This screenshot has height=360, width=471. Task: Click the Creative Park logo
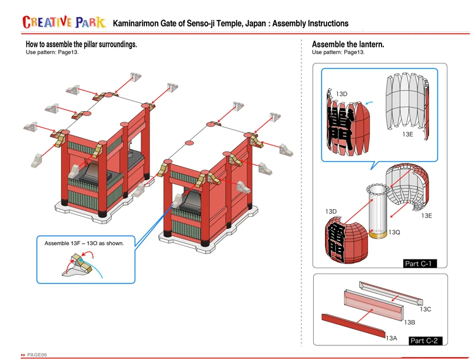pyautogui.click(x=64, y=22)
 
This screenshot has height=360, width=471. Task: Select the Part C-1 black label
pyautogui.click(x=419, y=264)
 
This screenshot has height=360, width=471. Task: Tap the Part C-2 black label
pyautogui.click(x=425, y=341)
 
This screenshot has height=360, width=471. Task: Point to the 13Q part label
pyautogui.click(x=394, y=232)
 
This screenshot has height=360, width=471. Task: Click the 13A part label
pyautogui.click(x=392, y=338)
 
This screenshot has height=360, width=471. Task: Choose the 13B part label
pyautogui.click(x=410, y=322)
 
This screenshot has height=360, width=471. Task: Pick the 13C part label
pyautogui.click(x=425, y=309)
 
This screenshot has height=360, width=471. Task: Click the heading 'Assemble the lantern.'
pyautogui.click(x=348, y=44)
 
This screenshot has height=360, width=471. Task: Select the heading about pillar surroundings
pyautogui.click(x=81, y=44)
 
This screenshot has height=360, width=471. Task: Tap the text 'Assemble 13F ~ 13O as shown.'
pyautogui.click(x=84, y=243)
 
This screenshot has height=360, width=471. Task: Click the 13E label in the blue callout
pyautogui.click(x=408, y=134)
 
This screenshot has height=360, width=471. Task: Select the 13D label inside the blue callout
pyautogui.click(x=341, y=94)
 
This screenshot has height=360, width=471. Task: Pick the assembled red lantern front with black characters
pyautogui.click(x=346, y=238)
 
